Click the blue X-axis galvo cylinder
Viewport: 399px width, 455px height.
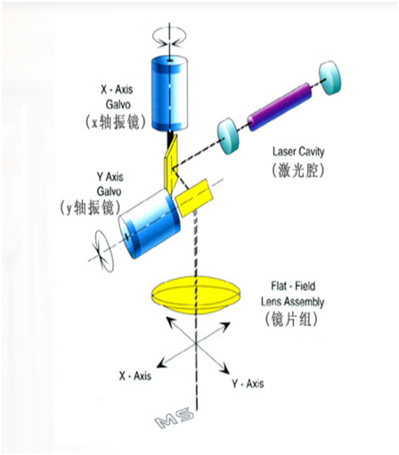(169, 93)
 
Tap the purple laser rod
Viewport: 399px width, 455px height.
(280, 107)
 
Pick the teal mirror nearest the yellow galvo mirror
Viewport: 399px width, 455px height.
(228, 136)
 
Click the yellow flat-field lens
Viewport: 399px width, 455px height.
(196, 295)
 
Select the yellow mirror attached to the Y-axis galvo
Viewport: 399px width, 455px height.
(194, 198)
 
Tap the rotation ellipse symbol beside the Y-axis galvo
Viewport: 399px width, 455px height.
(103, 251)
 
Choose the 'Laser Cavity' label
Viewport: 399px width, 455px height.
(298, 152)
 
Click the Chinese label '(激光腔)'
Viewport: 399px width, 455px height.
(297, 170)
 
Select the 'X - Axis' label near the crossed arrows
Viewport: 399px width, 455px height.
(135, 376)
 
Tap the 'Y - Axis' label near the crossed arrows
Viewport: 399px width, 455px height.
(248, 384)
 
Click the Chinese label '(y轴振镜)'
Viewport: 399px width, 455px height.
(90, 207)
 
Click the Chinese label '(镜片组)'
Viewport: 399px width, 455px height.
(291, 320)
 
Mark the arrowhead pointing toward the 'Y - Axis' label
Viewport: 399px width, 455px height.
(225, 369)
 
